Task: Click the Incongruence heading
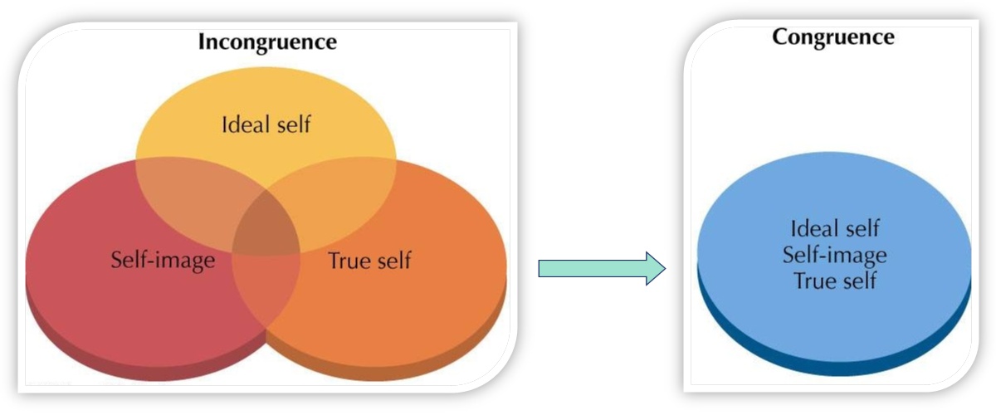267,42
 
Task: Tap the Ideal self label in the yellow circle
266,124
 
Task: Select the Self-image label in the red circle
163,261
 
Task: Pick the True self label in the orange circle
369,261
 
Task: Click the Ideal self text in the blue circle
835,228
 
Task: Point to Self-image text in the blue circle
835,256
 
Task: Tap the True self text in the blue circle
835,281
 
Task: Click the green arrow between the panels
602,268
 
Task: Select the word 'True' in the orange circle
346,261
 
